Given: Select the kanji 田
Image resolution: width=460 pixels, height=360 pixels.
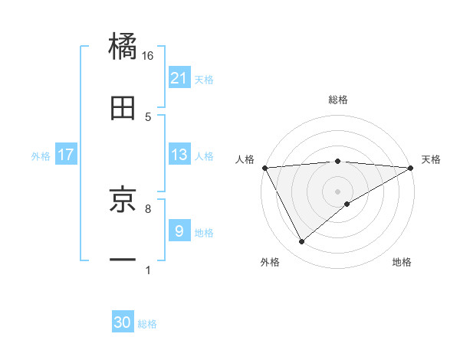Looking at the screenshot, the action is coord(123,110).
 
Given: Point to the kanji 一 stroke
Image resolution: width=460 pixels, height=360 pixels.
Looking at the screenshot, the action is coord(123,261).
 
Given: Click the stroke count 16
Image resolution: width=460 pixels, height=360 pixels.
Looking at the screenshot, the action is coord(148,55).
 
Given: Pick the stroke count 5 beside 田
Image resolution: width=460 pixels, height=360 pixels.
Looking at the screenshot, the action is coord(148,116).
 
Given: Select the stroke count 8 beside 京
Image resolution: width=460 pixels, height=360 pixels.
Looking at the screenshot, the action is coord(148,208).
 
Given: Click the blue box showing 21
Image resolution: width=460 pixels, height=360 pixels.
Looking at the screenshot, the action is coord(179,78).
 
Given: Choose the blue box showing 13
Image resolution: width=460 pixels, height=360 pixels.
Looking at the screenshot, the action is coord(179,155).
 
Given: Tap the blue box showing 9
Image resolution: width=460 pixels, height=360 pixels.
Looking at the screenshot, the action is coord(179,231).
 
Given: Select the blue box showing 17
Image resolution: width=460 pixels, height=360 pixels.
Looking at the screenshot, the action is coord(66,155).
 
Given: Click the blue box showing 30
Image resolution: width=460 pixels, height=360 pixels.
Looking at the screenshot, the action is coord(123,323).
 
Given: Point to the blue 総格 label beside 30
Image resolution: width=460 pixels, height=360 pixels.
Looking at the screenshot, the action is coord(147,324).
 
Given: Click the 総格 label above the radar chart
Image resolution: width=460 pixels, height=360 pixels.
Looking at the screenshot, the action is coord(338,100).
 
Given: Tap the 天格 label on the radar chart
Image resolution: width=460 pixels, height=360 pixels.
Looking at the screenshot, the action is coord(431,159).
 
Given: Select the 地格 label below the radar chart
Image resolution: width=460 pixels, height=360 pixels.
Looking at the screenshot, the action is coord(402,263).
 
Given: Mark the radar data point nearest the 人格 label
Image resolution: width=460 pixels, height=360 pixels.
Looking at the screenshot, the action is coord(264,167).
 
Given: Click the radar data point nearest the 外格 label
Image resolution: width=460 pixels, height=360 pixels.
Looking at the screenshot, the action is coord(301,242).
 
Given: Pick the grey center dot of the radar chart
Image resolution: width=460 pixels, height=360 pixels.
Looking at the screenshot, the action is coord(338,191).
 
